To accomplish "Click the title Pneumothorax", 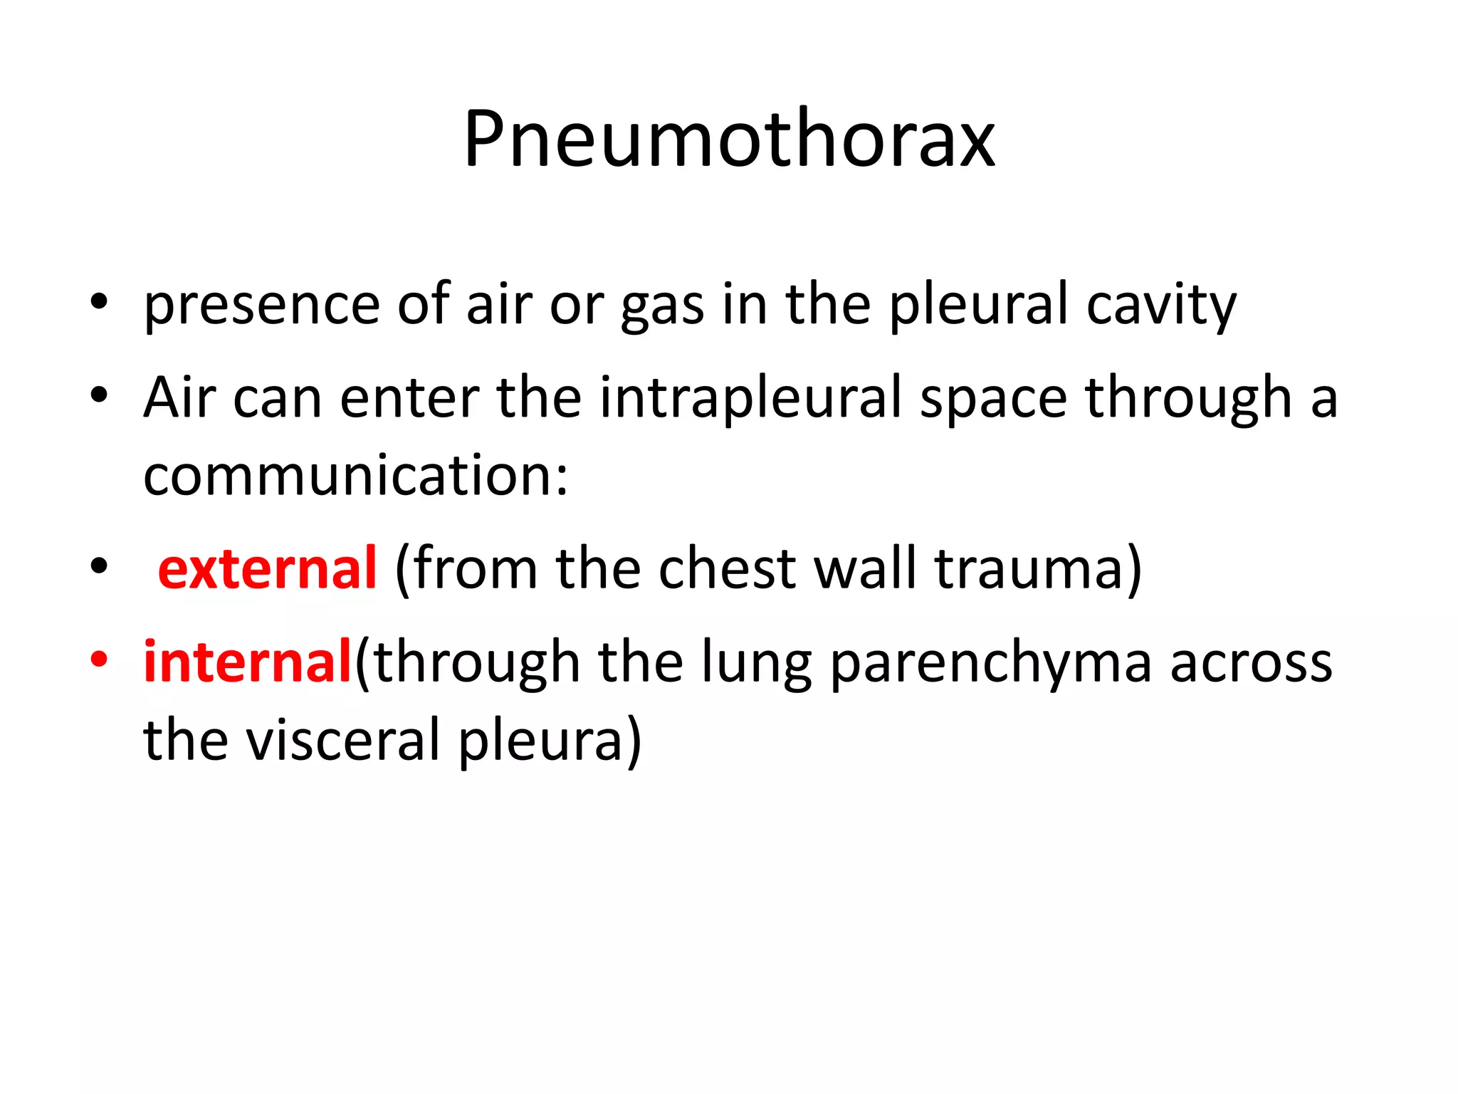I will [729, 139].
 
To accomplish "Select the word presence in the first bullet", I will [261, 305].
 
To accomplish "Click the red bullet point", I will [99, 660].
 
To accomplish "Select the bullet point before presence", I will [99, 303].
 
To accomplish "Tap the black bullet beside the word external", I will [99, 567].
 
